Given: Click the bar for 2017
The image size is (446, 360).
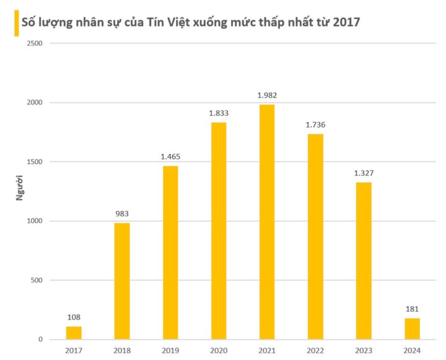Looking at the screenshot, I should (74, 333).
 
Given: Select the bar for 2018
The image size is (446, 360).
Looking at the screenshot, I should (122, 281).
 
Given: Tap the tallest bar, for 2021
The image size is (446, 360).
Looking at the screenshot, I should (267, 222).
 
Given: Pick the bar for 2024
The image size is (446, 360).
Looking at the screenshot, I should (412, 328).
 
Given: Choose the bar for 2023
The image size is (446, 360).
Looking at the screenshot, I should (364, 261).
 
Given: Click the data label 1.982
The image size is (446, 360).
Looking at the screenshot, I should (267, 95).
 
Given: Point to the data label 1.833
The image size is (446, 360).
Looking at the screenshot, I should (219, 113).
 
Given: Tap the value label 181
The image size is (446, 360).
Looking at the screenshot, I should (412, 309).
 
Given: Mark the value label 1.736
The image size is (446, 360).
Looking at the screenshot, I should (315, 125).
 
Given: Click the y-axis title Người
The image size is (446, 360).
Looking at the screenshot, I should (19, 191).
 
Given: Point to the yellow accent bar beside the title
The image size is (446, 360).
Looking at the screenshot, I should (15, 23).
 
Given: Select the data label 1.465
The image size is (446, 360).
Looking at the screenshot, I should (170, 156).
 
